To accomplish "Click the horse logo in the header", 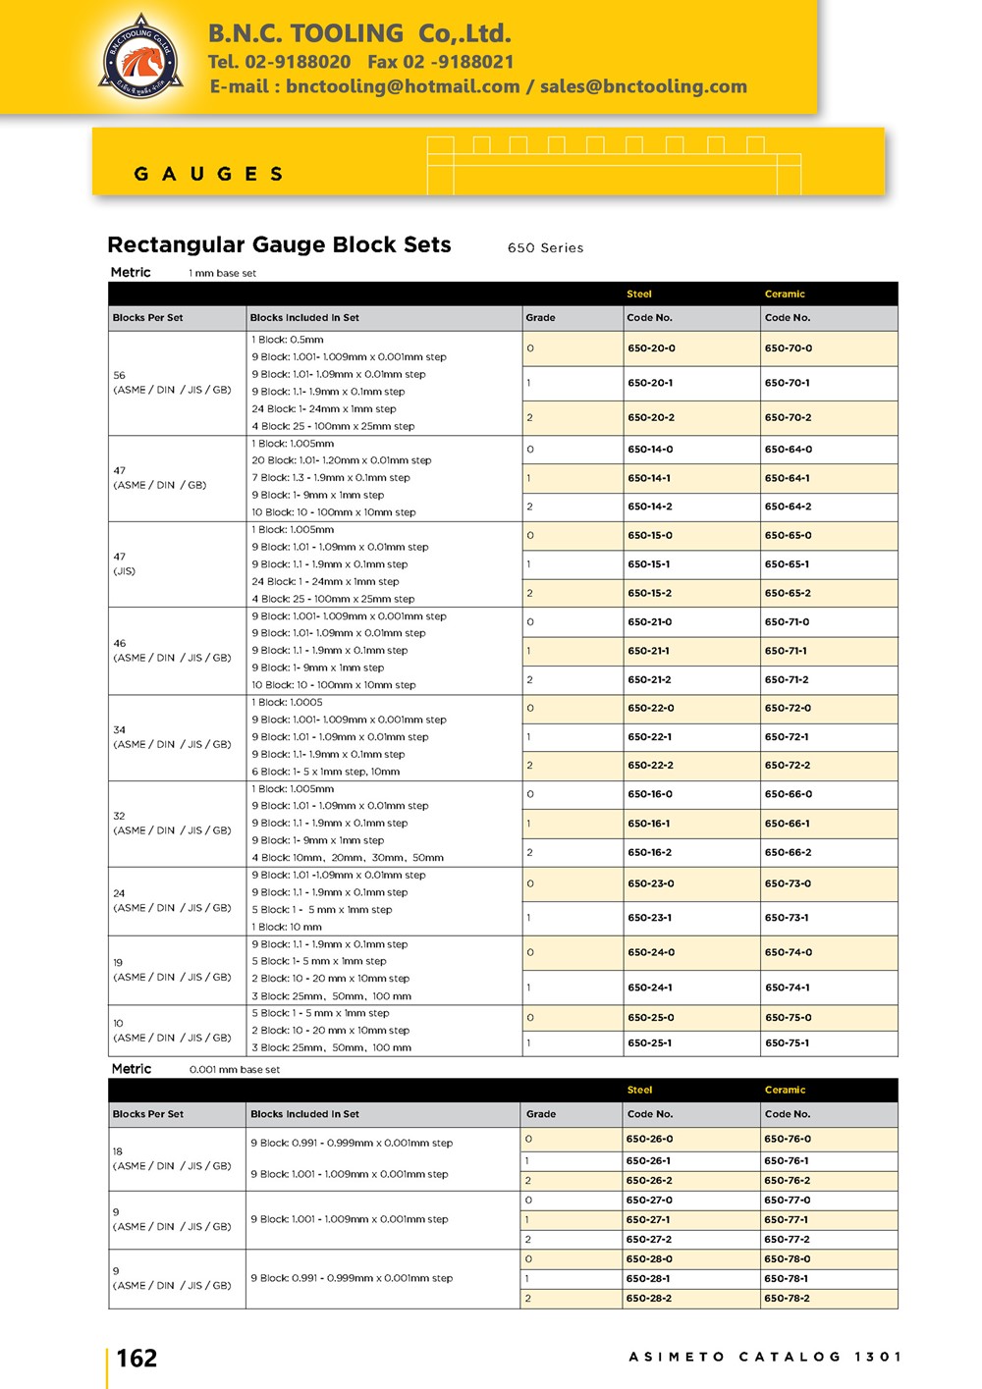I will point(141,57).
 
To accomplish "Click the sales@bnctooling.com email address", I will point(643,86).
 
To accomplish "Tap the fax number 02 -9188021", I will point(441,62).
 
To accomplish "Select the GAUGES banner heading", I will point(208,174).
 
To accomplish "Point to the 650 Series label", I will point(545,248).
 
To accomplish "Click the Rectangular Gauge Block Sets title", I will point(279,244).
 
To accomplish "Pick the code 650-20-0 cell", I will point(651,348).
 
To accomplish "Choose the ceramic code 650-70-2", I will point(789,417).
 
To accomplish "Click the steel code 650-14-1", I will point(650,478).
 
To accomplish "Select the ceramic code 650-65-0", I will point(789,536).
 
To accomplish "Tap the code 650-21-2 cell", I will point(650,679).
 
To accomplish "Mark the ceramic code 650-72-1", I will point(788,736).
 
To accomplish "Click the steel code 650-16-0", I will point(650,794).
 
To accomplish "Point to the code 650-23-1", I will point(650,918).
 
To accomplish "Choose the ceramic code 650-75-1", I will point(788,1043).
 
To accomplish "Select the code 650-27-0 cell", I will point(649,1200).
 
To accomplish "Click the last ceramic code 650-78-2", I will point(787,1298).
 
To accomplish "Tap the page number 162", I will point(136,1359).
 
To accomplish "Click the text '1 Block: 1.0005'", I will point(287,703).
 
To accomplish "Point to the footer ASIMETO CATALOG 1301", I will point(765,1357).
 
